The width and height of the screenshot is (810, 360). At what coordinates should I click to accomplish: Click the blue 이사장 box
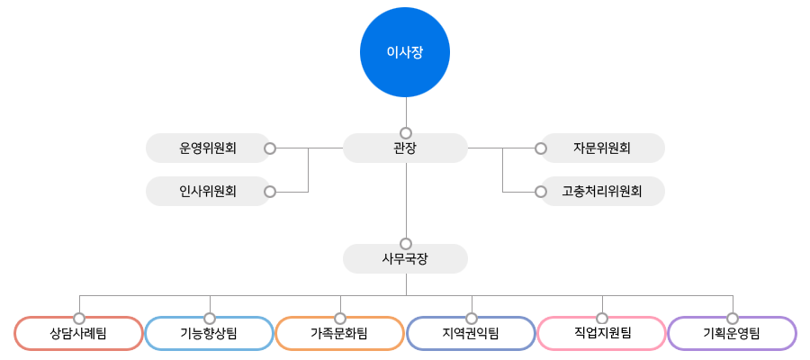click(404, 52)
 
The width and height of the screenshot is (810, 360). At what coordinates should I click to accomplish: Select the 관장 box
click(405, 148)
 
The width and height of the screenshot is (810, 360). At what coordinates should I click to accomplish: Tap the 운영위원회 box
click(208, 148)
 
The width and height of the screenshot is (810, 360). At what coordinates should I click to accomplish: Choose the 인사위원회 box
click(208, 191)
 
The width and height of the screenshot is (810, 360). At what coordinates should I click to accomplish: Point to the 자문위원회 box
click(602, 148)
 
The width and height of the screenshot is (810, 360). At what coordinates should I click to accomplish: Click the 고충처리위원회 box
click(602, 191)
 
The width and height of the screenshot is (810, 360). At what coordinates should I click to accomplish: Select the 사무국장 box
click(405, 259)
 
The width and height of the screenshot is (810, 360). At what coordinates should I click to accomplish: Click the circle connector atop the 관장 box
click(406, 131)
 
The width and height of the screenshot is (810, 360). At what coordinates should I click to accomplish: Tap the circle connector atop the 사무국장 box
click(406, 243)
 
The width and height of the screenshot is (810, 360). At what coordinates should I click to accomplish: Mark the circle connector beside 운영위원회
click(269, 148)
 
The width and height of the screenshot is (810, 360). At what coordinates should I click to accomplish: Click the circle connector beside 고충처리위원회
click(541, 192)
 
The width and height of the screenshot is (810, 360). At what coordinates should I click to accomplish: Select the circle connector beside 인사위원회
click(269, 191)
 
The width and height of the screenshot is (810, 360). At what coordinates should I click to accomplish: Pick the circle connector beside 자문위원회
click(541, 148)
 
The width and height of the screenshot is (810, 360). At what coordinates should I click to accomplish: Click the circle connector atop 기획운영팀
click(733, 319)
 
